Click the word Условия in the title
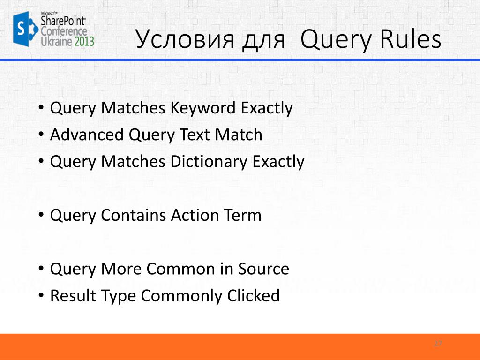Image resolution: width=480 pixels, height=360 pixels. [x=185, y=40]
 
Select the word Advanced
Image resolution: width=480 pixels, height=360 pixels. [x=87, y=135]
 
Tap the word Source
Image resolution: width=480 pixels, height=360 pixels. [x=263, y=269]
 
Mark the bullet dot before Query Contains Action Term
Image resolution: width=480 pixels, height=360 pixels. [x=41, y=216]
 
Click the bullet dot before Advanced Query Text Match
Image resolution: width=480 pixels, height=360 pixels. [x=41, y=135]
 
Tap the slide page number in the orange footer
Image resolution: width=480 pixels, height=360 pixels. [x=438, y=344]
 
